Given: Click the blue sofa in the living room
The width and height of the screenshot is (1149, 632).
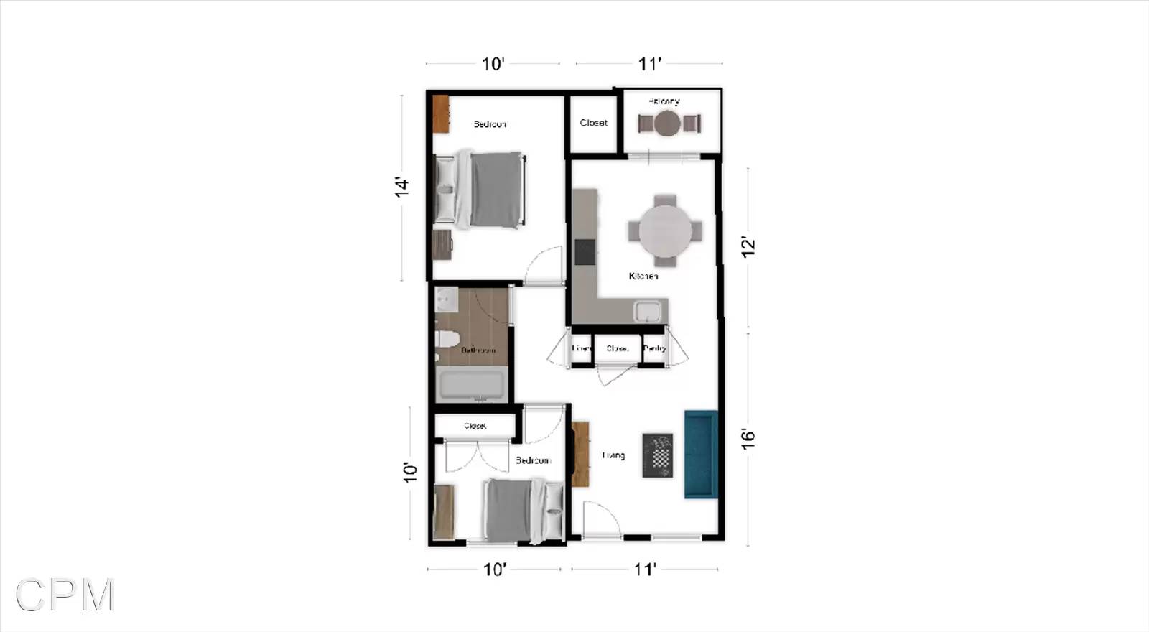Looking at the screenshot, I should (701, 454).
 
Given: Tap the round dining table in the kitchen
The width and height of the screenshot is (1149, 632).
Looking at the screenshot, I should (666, 231).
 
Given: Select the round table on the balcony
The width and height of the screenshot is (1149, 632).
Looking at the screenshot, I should (667, 124).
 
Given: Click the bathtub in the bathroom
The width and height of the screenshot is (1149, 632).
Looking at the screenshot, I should (472, 386).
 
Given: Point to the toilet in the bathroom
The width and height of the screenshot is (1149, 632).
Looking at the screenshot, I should (447, 338).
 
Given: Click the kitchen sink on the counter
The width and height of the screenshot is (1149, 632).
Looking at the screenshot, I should (647, 312).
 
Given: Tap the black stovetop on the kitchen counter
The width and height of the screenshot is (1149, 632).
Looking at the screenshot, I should (585, 251).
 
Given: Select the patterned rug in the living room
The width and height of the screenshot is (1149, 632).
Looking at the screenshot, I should (658, 455).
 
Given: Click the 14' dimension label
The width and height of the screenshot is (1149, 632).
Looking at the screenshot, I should (401, 186).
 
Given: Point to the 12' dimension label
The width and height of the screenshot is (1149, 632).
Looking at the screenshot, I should (748, 247).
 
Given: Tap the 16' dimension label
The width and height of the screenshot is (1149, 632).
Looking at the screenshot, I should (748, 439).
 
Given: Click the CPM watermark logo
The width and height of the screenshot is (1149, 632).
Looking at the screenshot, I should (65, 595).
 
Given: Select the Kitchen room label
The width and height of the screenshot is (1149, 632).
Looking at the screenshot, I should (643, 276).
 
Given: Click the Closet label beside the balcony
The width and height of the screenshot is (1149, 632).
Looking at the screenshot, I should (593, 123).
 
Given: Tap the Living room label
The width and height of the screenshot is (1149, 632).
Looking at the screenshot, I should (613, 455).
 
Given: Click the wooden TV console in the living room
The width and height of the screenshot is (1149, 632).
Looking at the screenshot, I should (580, 454).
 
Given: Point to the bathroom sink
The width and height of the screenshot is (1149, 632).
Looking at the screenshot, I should (447, 299).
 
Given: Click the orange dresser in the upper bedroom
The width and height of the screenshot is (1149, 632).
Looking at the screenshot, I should (440, 113).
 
